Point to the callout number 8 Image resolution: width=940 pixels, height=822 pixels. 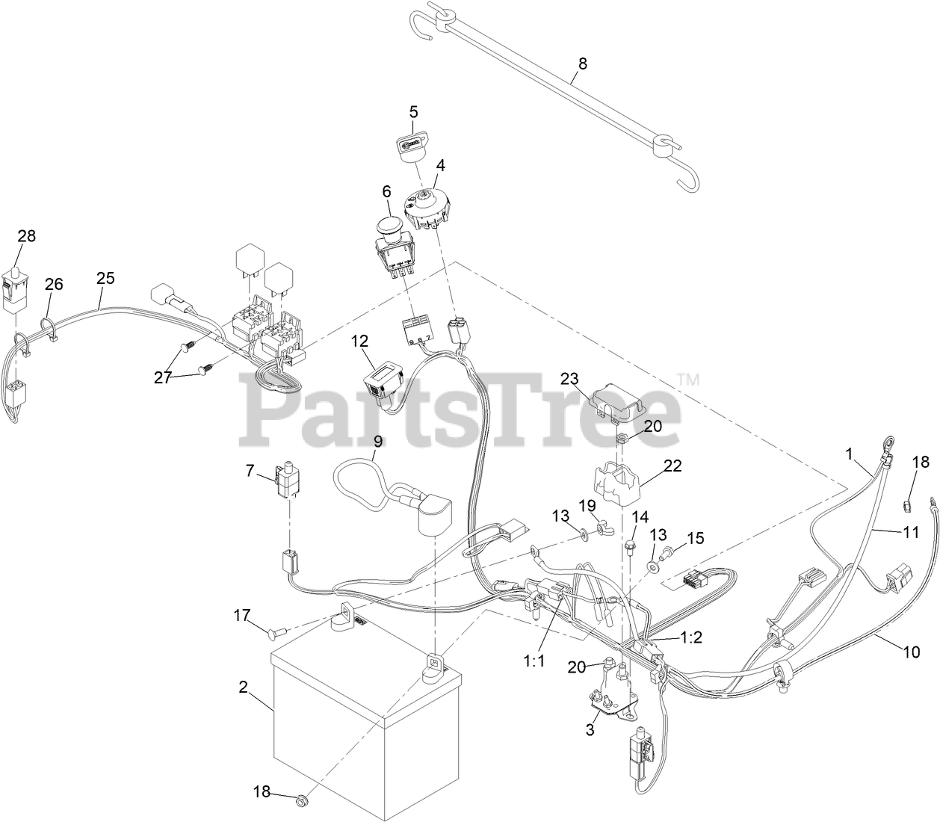point(582,64)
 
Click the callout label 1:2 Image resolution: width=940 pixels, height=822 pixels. point(691,638)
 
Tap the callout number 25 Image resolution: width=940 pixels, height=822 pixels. point(105,278)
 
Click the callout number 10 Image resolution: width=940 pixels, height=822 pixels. point(911,651)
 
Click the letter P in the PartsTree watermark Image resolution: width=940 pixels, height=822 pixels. point(269,411)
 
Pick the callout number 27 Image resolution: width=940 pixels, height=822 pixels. point(163,377)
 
